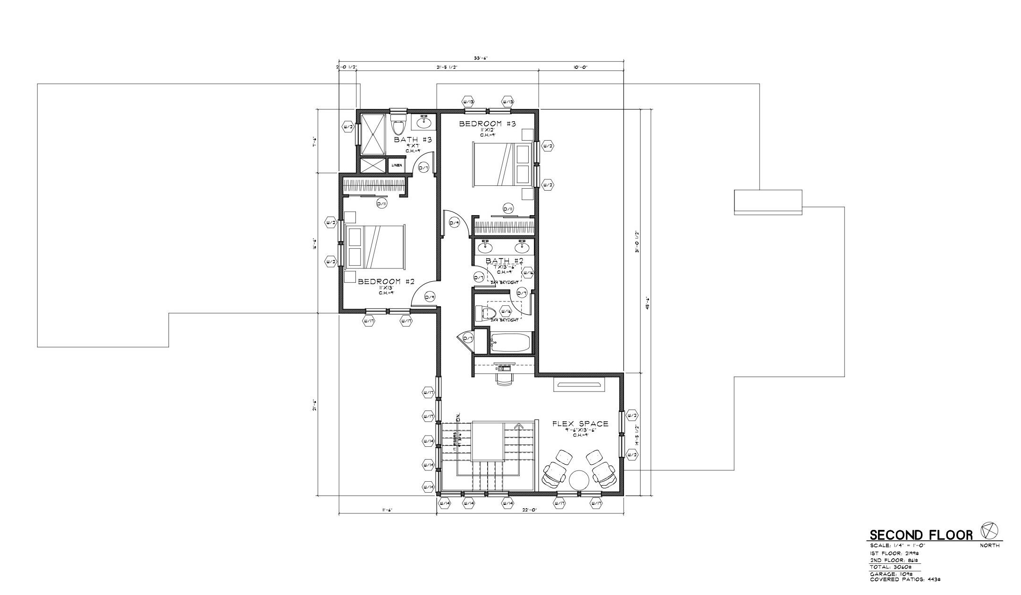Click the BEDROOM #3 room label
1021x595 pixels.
[488, 124]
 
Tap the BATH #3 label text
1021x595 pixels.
[413, 140]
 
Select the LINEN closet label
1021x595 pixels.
[397, 165]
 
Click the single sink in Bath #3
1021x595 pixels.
[424, 123]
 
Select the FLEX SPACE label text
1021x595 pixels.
[580, 424]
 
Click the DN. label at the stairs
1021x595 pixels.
[458, 418]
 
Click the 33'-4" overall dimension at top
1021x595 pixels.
[481, 59]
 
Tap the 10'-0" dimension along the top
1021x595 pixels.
[580, 67]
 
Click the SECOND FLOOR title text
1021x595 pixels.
[921, 535]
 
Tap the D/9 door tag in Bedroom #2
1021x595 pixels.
[430, 297]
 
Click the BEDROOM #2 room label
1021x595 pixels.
[386, 282]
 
